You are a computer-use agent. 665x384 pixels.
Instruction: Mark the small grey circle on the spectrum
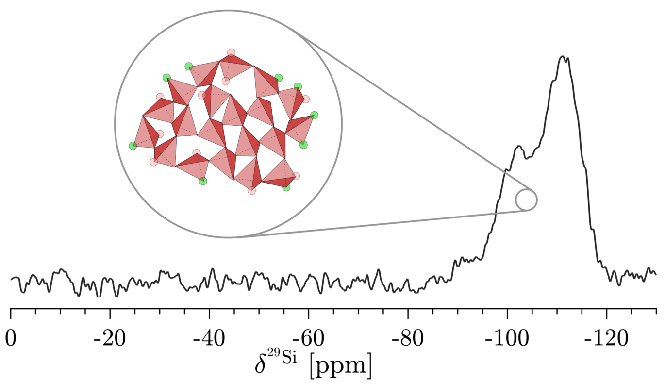point(526,200)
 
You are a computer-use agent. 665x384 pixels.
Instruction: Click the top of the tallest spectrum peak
point(562,57)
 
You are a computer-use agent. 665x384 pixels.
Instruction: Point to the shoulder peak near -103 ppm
point(518,146)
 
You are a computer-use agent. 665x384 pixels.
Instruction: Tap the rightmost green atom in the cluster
point(314,115)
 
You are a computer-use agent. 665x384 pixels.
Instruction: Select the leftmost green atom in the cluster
point(133,146)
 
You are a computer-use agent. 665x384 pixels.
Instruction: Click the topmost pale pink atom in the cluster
point(231,52)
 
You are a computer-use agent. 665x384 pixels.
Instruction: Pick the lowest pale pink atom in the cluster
point(251,191)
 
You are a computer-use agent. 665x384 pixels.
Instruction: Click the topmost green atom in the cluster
point(188,66)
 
